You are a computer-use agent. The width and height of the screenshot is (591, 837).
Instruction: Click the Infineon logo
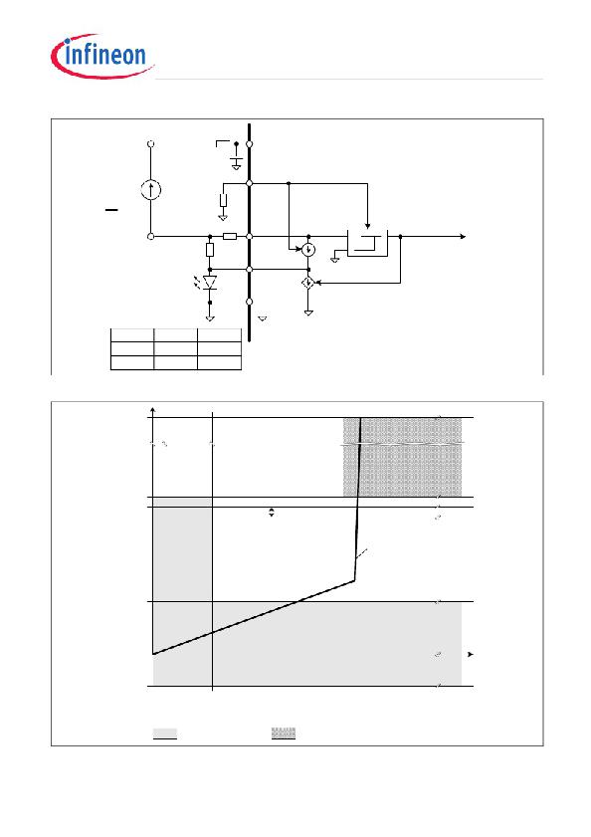(x=101, y=56)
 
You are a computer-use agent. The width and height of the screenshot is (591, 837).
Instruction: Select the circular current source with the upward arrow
(x=151, y=189)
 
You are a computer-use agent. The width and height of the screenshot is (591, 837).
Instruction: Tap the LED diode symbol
(x=210, y=283)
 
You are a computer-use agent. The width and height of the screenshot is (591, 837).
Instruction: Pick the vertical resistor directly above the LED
(x=210, y=249)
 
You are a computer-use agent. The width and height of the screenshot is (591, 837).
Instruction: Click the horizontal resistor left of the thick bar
(x=230, y=236)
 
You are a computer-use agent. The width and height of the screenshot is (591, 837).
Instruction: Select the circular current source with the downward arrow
(x=308, y=249)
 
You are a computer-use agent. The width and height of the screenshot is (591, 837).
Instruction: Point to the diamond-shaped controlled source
(x=308, y=283)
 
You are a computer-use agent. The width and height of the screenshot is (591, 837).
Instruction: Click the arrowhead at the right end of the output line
(x=463, y=236)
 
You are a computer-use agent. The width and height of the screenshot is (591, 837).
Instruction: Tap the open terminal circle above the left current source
(x=151, y=143)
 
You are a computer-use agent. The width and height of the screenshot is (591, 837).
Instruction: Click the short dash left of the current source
(x=111, y=210)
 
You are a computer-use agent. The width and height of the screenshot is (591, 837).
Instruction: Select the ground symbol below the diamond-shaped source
(x=308, y=313)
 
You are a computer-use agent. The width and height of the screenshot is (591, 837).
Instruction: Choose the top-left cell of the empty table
(x=132, y=335)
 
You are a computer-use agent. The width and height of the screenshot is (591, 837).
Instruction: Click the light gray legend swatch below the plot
(x=165, y=733)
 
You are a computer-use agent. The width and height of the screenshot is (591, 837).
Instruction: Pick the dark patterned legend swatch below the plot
(x=284, y=732)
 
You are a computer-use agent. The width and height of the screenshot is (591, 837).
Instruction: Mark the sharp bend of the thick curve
(x=354, y=580)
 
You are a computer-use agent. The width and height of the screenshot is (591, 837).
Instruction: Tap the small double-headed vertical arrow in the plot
(x=272, y=513)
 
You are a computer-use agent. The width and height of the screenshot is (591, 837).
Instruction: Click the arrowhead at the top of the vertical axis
(x=153, y=409)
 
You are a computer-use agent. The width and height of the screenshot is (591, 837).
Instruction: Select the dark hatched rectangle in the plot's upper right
(x=403, y=458)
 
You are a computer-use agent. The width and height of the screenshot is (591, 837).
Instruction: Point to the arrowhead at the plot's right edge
(x=471, y=655)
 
